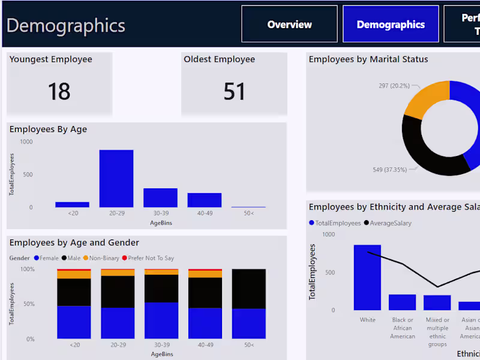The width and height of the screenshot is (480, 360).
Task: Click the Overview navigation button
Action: tap(289, 25)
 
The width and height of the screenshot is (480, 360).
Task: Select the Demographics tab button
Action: tap(391, 25)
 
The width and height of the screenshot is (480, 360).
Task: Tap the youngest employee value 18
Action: tap(59, 92)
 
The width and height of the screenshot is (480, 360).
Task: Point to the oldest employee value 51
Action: tap(234, 92)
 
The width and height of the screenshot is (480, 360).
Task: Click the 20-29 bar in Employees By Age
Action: tap(116, 179)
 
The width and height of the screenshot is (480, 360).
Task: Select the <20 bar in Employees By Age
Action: tap(72, 205)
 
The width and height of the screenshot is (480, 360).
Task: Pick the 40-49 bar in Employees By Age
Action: tap(205, 200)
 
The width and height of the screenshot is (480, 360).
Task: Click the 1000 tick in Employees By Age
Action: tap(26, 142)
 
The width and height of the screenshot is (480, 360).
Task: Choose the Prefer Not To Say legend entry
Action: tap(151, 258)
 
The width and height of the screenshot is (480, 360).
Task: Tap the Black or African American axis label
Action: tap(403, 328)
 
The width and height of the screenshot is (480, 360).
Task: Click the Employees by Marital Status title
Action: tap(368, 59)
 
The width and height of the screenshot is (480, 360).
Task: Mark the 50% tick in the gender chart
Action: tap(28, 304)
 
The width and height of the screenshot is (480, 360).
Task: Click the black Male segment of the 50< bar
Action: tap(248, 289)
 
